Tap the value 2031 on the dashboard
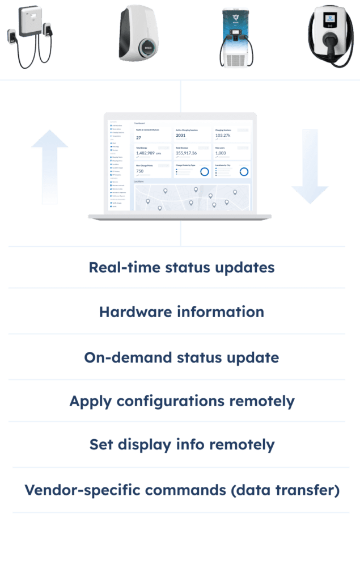181,136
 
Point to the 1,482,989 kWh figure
148,153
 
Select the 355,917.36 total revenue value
187,153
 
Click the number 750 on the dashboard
140,171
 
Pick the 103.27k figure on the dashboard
223,136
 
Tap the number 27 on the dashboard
139,137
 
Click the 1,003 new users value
221,153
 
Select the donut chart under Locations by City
244,171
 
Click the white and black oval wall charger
139,34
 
